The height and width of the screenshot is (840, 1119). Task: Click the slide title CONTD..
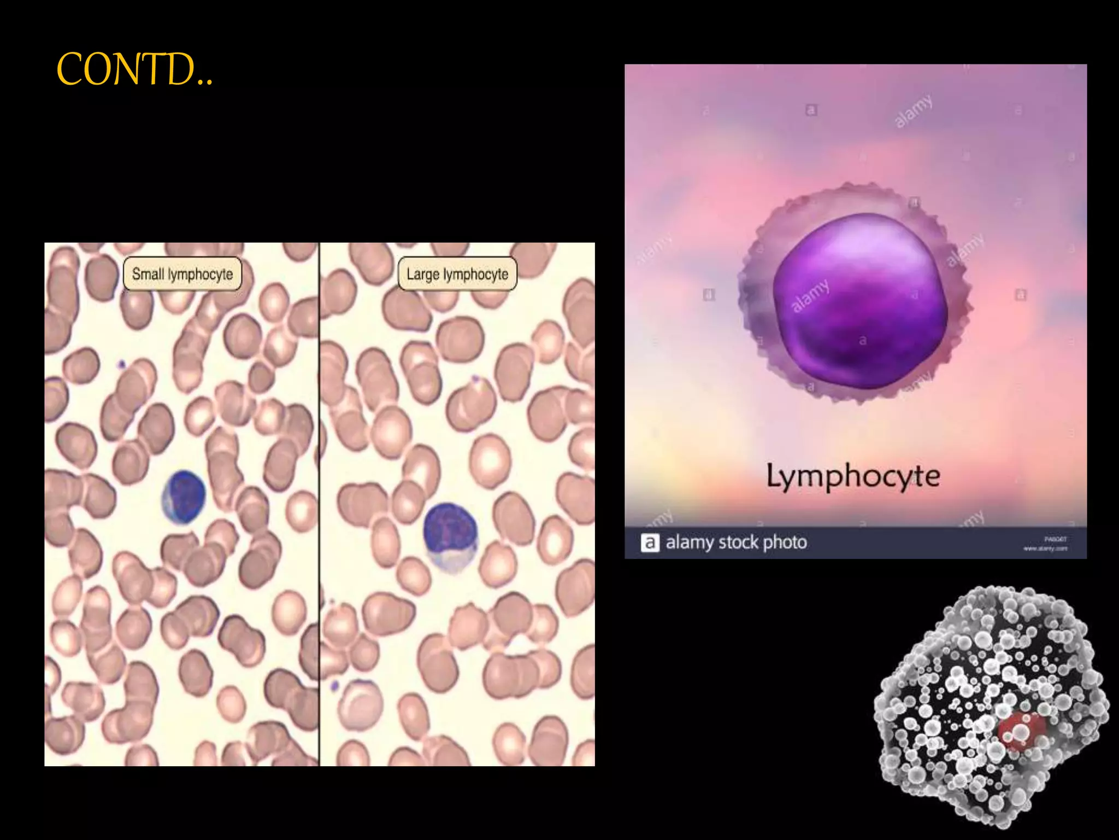(134, 70)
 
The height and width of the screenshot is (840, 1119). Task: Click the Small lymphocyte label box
(182, 274)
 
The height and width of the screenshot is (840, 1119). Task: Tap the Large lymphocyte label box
(457, 274)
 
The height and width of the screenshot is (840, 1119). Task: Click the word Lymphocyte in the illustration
(852, 476)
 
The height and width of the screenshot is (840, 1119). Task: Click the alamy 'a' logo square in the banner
(650, 542)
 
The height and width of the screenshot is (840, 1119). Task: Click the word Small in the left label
(148, 273)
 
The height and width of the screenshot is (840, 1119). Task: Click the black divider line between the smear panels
(319, 503)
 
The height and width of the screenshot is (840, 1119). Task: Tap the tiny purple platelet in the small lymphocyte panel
(122, 363)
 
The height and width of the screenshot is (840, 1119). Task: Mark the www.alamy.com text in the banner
(1045, 549)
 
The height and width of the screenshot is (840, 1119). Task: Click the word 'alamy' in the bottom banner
(690, 542)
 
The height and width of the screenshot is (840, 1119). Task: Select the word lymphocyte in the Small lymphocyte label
(200, 274)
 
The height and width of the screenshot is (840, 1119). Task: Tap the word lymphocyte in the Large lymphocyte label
(475, 274)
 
